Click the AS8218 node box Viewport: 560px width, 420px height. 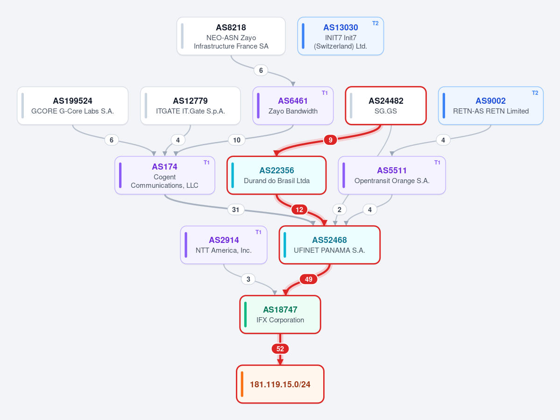pos(231,36)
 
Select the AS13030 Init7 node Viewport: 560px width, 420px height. pos(340,36)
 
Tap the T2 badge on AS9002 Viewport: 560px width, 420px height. pos(535,93)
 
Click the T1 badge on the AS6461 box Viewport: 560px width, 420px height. pos(325,93)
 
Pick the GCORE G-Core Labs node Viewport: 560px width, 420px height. pos(72,106)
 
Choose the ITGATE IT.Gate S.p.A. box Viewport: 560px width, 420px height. pos(191,106)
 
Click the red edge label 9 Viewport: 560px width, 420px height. pos(330,140)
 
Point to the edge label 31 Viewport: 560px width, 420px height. pos(236,210)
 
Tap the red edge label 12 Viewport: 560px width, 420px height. pos(299,210)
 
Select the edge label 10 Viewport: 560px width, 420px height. pos(237,140)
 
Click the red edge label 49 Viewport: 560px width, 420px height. pos(309,279)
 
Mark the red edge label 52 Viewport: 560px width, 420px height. pos(280,349)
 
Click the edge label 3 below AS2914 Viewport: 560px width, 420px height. pos(248,279)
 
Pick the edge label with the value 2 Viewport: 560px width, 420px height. pos(340,210)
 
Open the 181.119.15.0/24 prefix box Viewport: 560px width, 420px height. pos(280,384)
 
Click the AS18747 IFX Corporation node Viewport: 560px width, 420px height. pos(280,314)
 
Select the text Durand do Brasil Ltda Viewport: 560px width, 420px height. pos(277,181)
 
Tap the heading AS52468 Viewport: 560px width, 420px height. pos(330,240)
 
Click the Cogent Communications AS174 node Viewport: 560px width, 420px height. pos(165,175)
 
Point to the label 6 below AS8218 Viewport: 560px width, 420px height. pos(261,71)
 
